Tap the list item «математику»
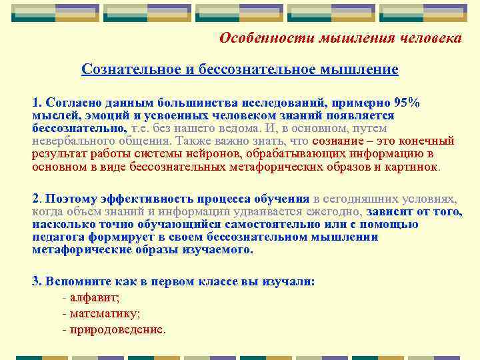105,313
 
